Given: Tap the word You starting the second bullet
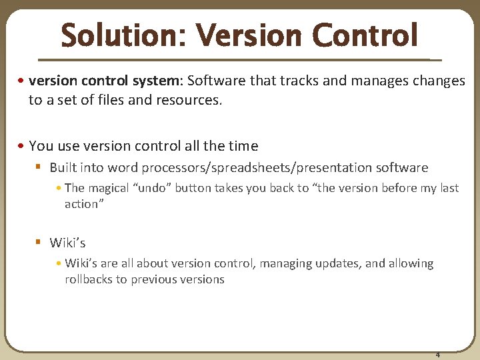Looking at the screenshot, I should [x=40, y=145].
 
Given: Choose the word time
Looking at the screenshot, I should [x=241, y=145].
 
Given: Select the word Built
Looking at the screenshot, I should [x=65, y=168].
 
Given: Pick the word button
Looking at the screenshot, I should [x=193, y=188].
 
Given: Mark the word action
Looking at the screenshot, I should [x=81, y=204].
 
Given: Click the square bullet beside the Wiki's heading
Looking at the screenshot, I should [x=39, y=243].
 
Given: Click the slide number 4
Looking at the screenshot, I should [x=437, y=354].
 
